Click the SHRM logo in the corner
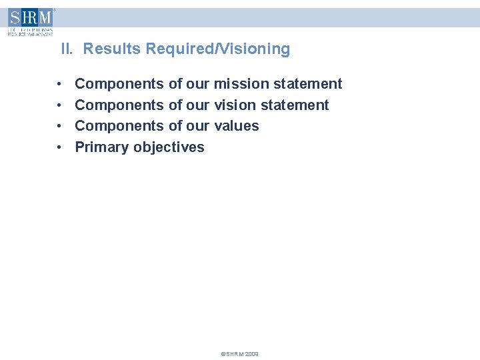pos(30,21)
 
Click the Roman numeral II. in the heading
pos(68,49)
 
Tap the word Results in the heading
pos(113,49)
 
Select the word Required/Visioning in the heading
pos(218,49)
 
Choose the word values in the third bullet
pos(237,126)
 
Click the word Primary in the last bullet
pos(102,147)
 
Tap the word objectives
pos(169,147)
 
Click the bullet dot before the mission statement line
pos(60,85)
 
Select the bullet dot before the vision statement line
pos(60,105)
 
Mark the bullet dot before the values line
pos(60,127)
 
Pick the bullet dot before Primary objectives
pos(60,147)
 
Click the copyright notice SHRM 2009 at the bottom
pos(239,354)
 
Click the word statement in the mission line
pos(307,84)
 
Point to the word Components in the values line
pos(119,126)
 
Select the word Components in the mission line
pos(119,84)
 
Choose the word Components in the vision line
pos(119,105)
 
